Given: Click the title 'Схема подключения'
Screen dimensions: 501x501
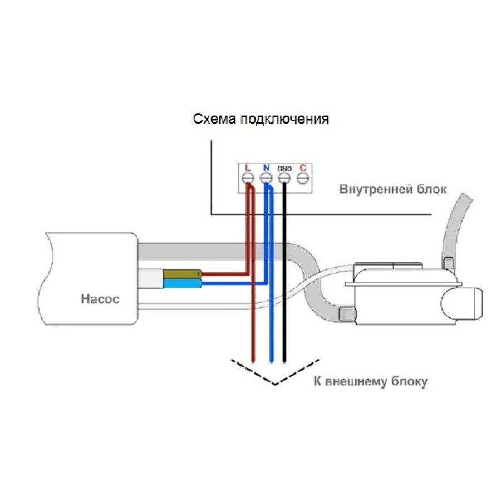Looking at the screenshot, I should tap(261, 119).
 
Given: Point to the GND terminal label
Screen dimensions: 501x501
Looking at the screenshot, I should tap(284, 168).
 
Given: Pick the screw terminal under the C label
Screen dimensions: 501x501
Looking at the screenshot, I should tap(303, 178).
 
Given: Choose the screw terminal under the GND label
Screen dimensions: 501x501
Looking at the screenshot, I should tap(284, 178).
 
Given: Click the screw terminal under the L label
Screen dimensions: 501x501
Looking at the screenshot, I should tap(248, 178).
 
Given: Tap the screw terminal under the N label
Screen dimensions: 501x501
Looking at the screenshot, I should tap(266, 178).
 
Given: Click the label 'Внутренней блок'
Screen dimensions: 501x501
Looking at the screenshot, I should tap(393, 189).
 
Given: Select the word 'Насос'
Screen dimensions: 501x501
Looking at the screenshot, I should tap(100, 299).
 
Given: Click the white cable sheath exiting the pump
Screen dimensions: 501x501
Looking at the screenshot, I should tap(150, 278).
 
